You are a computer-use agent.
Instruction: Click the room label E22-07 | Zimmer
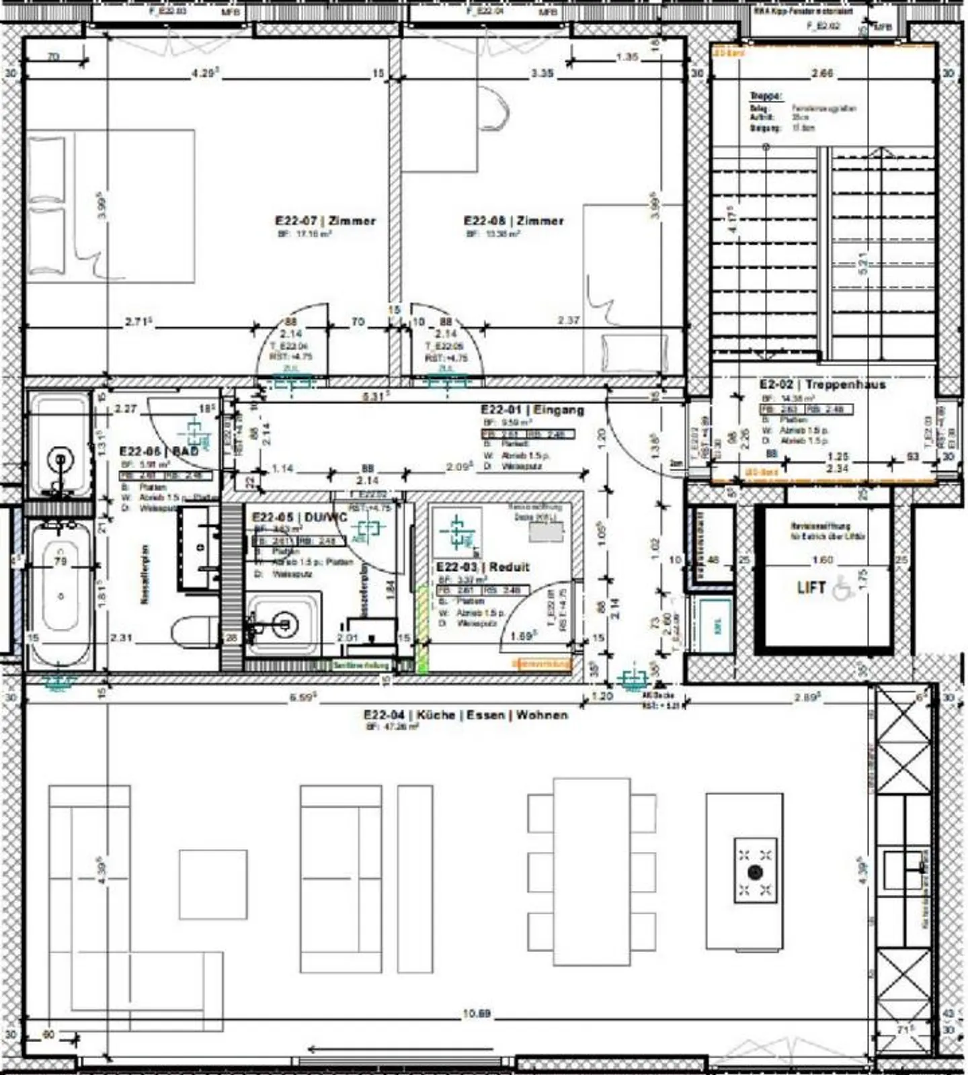[325, 220]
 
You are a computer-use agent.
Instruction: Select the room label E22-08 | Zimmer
[514, 220]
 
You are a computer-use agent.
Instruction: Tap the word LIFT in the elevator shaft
[811, 587]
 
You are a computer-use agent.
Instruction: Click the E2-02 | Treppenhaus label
[822, 384]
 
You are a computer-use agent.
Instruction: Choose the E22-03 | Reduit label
[483, 567]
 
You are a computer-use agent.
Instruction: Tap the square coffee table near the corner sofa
[212, 884]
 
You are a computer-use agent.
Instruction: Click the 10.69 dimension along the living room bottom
[476, 1013]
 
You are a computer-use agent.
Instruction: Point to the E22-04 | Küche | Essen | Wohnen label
[465, 715]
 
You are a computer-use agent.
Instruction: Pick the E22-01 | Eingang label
[532, 409]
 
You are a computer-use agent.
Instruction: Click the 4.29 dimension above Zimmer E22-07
[204, 73]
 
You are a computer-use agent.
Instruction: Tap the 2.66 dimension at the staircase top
[821, 73]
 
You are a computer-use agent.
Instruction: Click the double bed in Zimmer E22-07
[111, 206]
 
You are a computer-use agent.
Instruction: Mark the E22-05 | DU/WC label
[300, 517]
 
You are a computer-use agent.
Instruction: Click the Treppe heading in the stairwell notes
[766, 96]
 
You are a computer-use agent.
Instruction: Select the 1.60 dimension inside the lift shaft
[821, 559]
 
